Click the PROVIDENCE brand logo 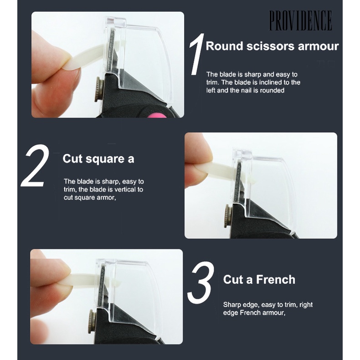pyautogui.click(x=301, y=21)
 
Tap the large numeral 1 pyautogui.click(x=197, y=54)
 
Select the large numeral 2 pyautogui.click(x=35, y=165)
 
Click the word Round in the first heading pyautogui.click(x=224, y=46)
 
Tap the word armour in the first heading pyautogui.click(x=318, y=46)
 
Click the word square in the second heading pyautogui.click(x=105, y=159)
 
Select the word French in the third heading pyautogui.click(x=276, y=280)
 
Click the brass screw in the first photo pyautogui.click(x=98, y=89)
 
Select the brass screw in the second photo pyautogui.click(x=227, y=216)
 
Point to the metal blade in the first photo pyautogui.click(x=112, y=49)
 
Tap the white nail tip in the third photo pyautogui.click(x=89, y=279)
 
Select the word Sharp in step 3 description pyautogui.click(x=231, y=305)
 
